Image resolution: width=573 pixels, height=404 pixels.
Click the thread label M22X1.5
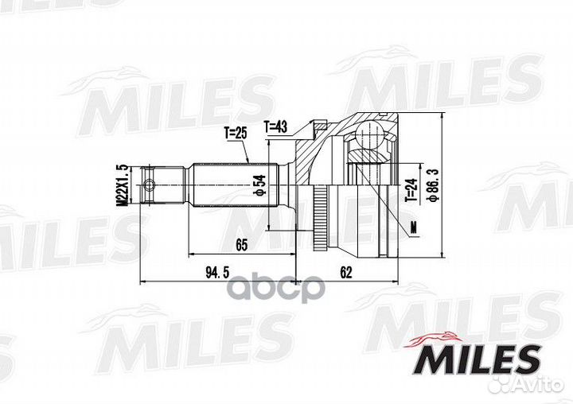(122, 187)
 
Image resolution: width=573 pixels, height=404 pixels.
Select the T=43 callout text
(277, 126)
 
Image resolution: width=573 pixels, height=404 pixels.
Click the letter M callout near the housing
(414, 229)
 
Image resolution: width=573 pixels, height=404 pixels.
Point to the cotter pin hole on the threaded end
(150, 188)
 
